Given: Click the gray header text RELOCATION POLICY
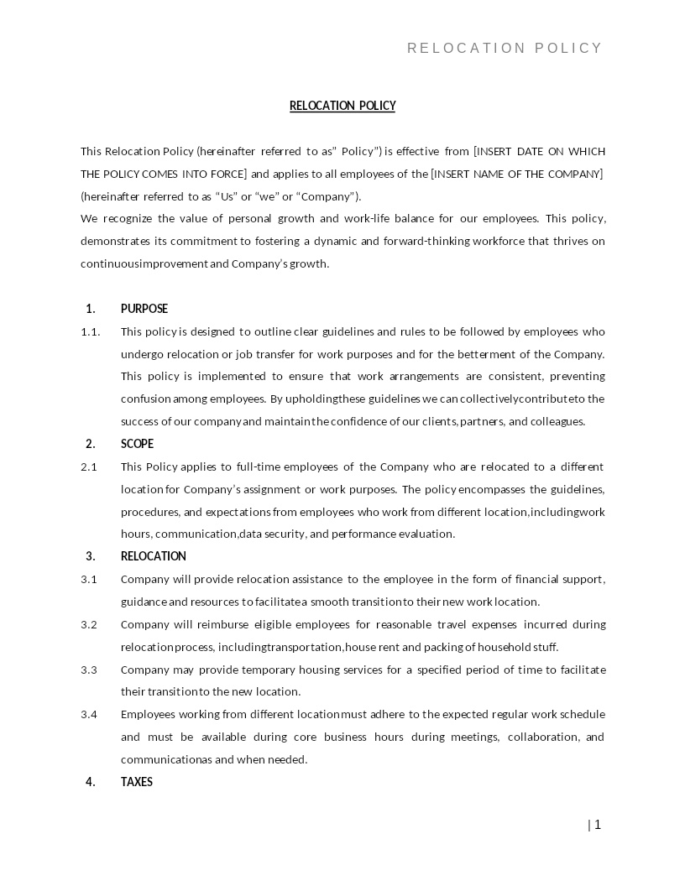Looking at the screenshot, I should click(x=505, y=49).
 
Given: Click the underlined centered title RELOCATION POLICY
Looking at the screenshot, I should click(x=342, y=106).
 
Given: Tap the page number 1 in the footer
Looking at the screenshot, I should click(x=598, y=825).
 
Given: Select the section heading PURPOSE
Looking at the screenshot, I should click(x=144, y=309).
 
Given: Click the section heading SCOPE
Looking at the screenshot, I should click(x=137, y=444).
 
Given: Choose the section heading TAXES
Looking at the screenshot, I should click(x=137, y=782).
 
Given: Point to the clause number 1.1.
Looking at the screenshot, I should click(x=90, y=331).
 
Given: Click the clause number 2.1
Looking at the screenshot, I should click(x=89, y=466).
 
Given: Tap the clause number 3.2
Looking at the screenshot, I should click(x=89, y=624).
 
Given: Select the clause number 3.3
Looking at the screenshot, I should click(x=89, y=670).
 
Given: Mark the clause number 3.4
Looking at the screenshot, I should click(x=89, y=714).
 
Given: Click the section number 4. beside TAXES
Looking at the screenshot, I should click(x=91, y=782).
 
